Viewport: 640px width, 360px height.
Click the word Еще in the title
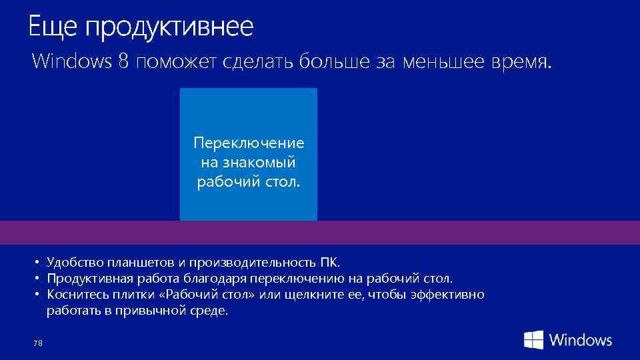52,27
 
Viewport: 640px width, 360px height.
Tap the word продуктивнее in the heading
169,29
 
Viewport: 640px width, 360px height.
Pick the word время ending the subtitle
522,63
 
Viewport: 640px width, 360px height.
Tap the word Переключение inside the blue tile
249,143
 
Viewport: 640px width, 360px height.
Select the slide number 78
37,343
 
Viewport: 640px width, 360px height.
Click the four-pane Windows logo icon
533,340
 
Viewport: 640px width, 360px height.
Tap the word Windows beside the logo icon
581,340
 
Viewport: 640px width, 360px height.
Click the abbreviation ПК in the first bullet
329,262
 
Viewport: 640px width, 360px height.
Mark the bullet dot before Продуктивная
39,278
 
